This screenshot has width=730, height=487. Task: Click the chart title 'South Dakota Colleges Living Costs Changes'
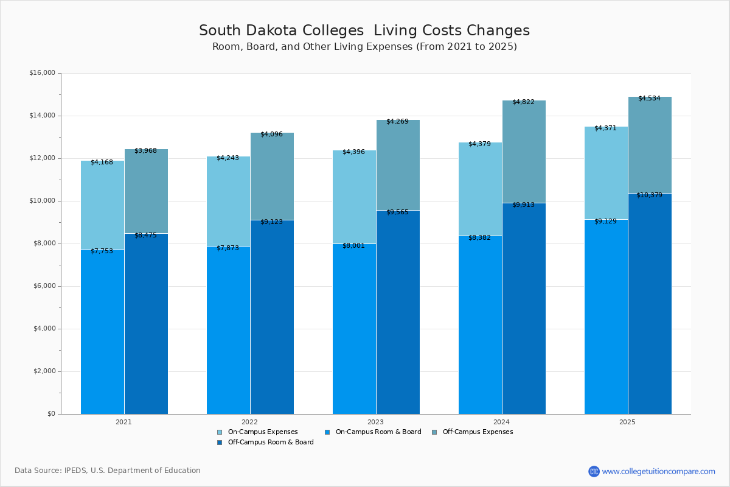(x=364, y=31)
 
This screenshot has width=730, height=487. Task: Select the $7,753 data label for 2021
(x=102, y=251)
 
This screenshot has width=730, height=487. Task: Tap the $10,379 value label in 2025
(x=649, y=195)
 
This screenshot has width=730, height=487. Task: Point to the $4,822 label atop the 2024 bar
(x=523, y=102)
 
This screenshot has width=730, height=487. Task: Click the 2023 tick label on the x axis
(x=375, y=422)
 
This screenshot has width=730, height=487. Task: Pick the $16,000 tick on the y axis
(x=42, y=73)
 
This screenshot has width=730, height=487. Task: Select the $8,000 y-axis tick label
(x=44, y=243)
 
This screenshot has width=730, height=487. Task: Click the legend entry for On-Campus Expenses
(x=262, y=432)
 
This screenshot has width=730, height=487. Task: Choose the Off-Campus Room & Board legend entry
(x=270, y=443)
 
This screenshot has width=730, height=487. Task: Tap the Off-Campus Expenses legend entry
(x=477, y=432)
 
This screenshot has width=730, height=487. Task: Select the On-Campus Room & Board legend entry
(x=378, y=432)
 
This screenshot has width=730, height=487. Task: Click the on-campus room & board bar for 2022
(x=228, y=329)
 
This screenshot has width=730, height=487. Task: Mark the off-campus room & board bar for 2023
(x=398, y=310)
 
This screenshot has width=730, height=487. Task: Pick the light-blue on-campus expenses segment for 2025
(x=606, y=173)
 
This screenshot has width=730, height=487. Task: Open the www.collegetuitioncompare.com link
(x=658, y=471)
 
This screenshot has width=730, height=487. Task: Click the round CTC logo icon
(x=594, y=471)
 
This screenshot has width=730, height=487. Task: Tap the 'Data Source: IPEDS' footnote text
(x=108, y=471)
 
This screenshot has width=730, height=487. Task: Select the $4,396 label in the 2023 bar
(x=353, y=152)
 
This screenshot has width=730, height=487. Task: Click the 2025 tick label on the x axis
(x=627, y=422)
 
